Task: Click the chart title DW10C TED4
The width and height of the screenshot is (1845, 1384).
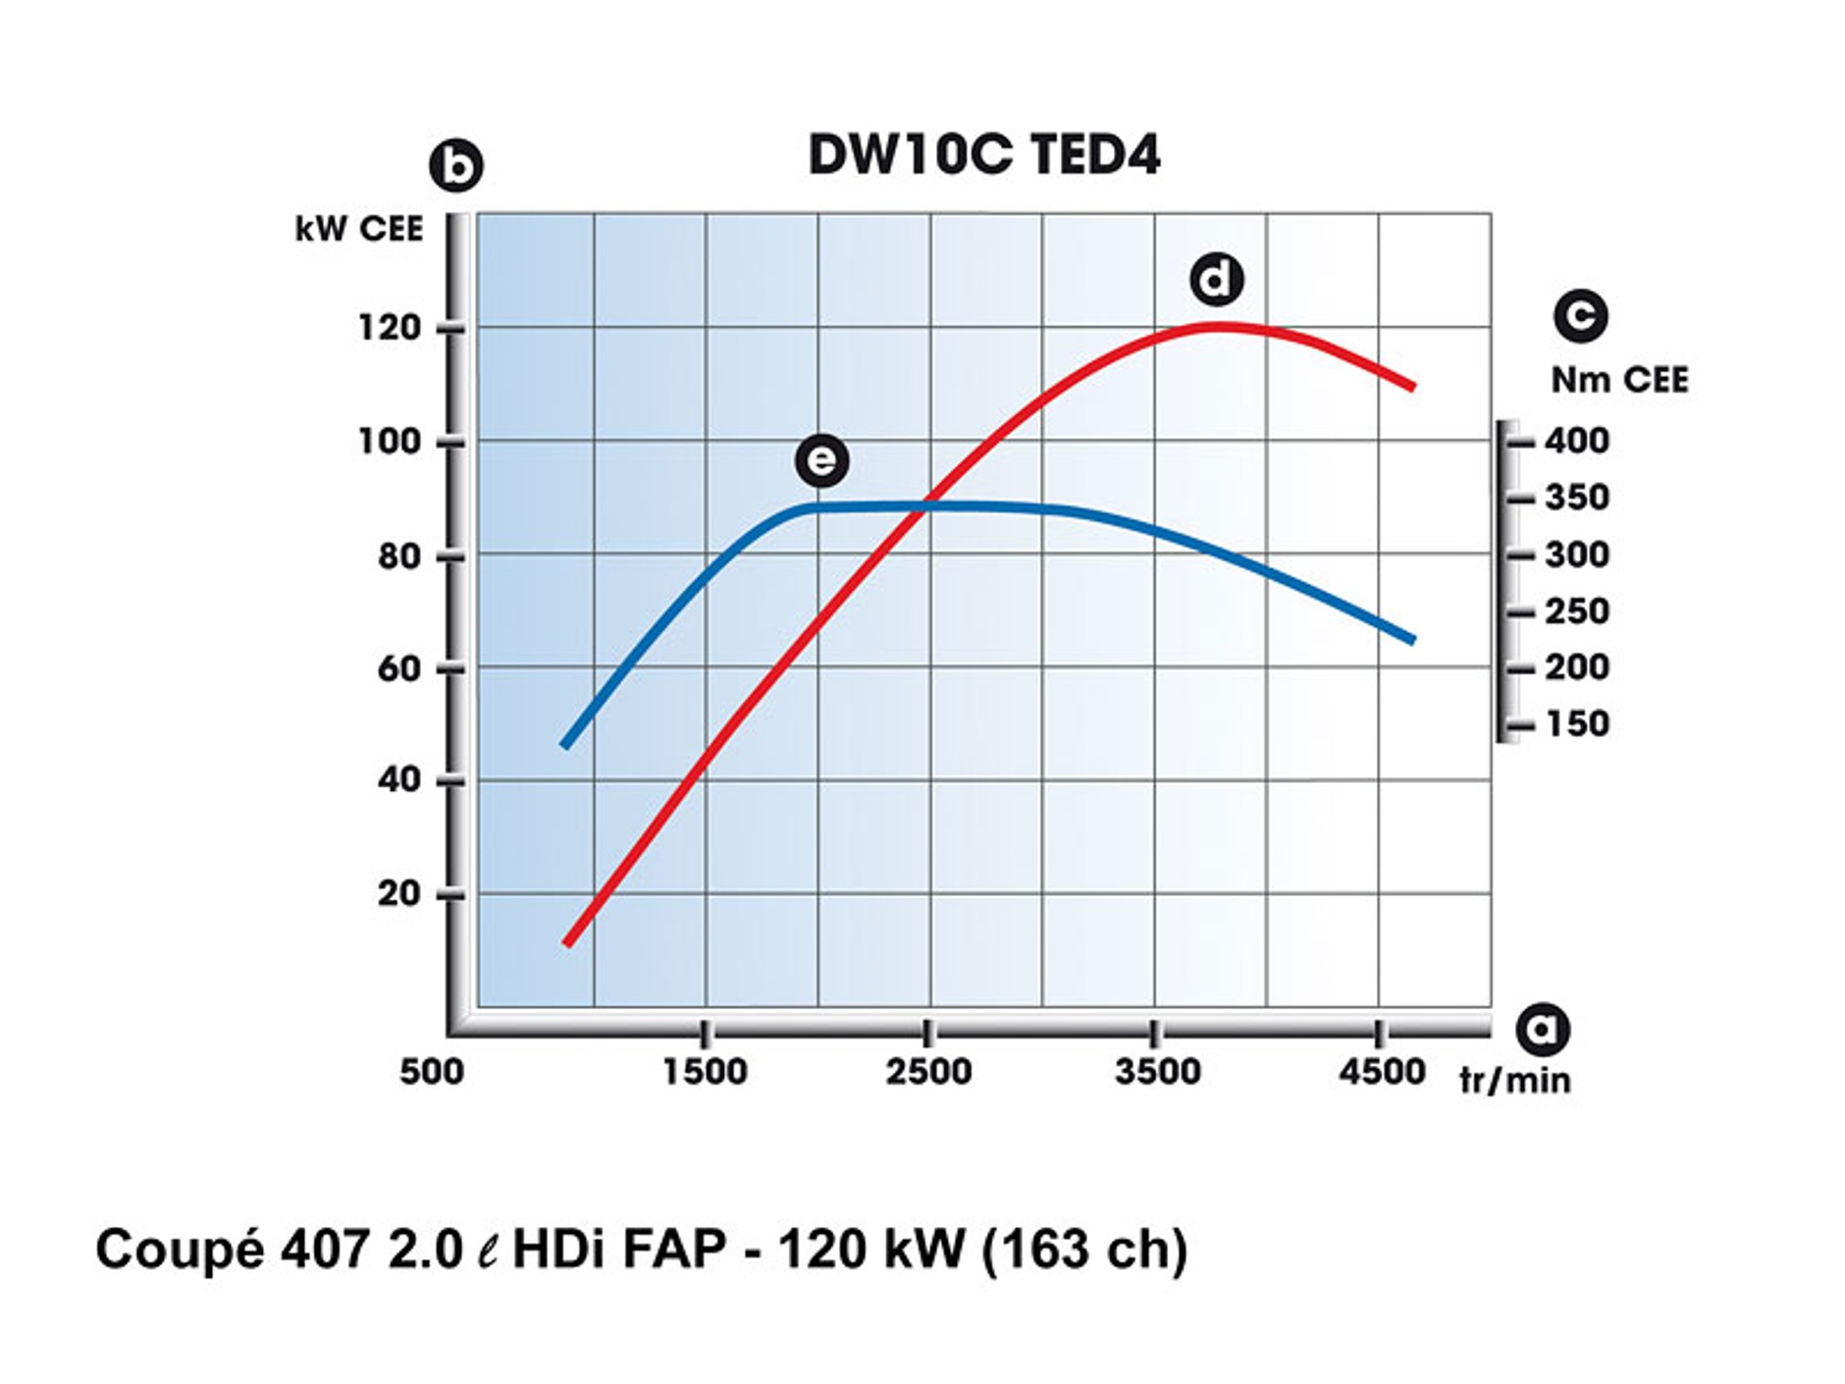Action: [x=983, y=155]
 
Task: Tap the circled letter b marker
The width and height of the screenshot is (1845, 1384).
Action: [x=456, y=166]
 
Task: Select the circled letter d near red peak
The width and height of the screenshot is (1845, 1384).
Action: [x=1216, y=280]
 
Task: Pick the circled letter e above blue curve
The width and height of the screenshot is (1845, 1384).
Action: [x=821, y=460]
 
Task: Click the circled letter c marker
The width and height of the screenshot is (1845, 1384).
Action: [x=1580, y=316]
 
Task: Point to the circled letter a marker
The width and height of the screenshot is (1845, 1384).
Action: [x=1542, y=1029]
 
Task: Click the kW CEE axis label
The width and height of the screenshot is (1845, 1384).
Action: [x=359, y=229]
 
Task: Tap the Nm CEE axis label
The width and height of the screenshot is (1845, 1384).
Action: [x=1619, y=380]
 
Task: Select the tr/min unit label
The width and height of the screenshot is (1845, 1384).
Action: [x=1515, y=1080]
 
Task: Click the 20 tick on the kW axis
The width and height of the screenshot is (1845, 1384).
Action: [x=398, y=893]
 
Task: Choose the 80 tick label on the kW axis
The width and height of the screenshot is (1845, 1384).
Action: [x=398, y=556]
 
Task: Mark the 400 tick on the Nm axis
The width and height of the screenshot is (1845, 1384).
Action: [x=1576, y=441]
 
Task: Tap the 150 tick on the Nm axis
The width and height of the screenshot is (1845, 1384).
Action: [x=1576, y=724]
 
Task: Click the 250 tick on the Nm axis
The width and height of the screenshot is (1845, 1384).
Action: [x=1576, y=612]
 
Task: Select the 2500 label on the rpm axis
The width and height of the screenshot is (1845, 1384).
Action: [x=928, y=1071]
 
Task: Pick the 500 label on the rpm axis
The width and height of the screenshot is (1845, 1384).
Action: [x=432, y=1071]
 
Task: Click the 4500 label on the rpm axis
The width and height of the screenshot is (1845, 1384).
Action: [x=1382, y=1071]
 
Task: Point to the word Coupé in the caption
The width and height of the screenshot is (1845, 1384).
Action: [x=180, y=1251]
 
